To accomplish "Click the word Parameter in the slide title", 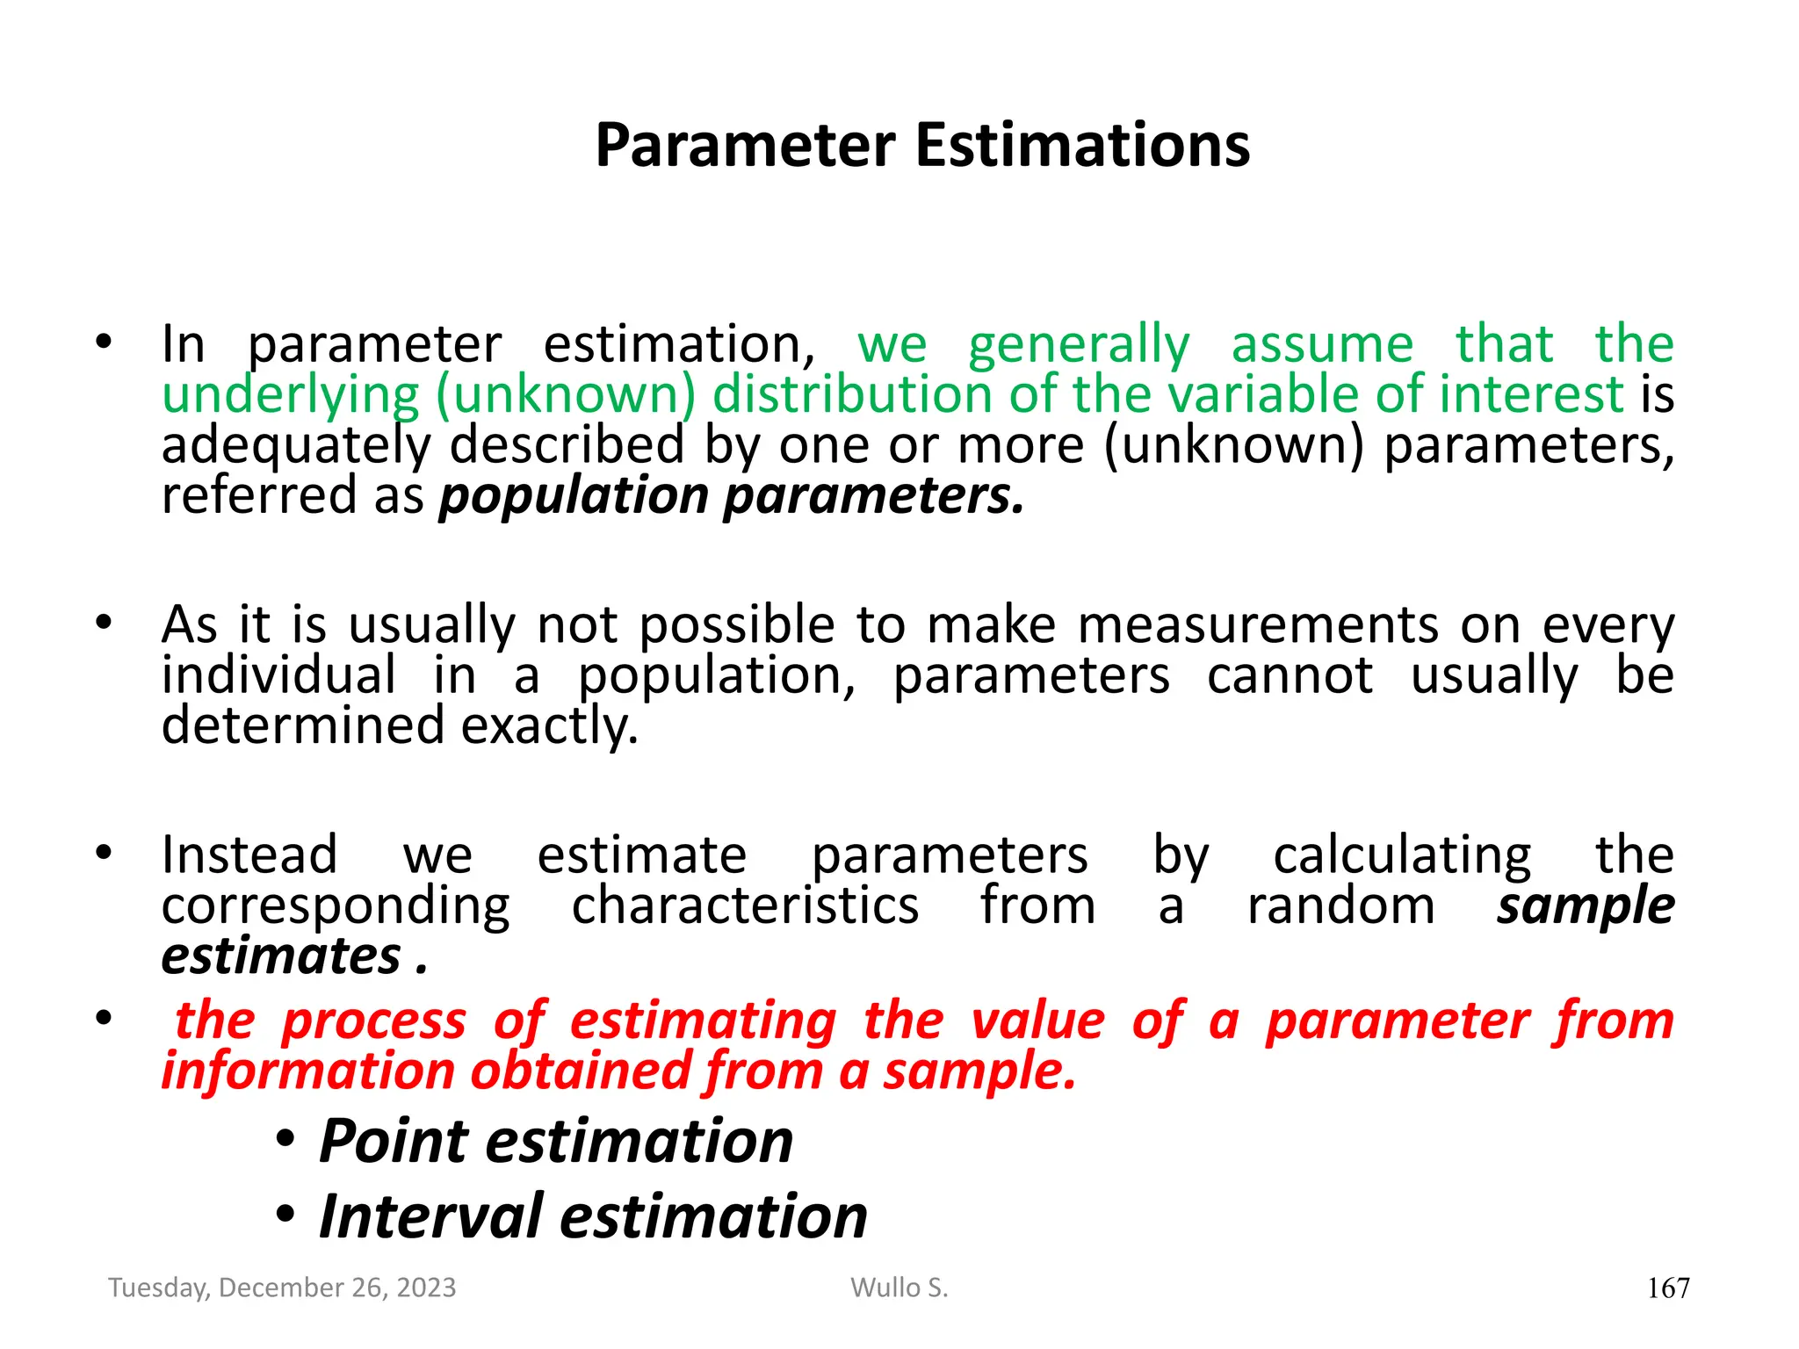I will tap(746, 145).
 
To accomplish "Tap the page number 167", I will tap(1667, 1288).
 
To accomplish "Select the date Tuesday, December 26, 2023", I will tap(282, 1288).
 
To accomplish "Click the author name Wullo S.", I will tap(899, 1288).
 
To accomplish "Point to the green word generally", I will tap(1079, 345).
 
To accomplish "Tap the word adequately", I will tap(296, 446).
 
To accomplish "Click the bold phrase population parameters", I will tap(732, 496).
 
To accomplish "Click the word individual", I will tap(278, 676).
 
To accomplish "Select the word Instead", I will tap(249, 855).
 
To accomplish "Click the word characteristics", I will tap(745, 905).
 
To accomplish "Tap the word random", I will tap(1340, 905).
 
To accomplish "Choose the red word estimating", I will tap(703, 1021).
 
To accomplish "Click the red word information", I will tap(307, 1072).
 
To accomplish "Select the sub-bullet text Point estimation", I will tap(555, 1141).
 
